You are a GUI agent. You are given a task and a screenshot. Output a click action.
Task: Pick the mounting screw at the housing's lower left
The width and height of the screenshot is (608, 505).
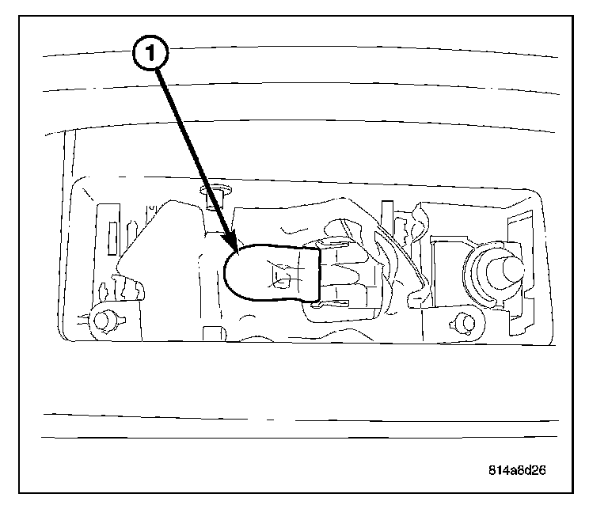click(101, 320)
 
